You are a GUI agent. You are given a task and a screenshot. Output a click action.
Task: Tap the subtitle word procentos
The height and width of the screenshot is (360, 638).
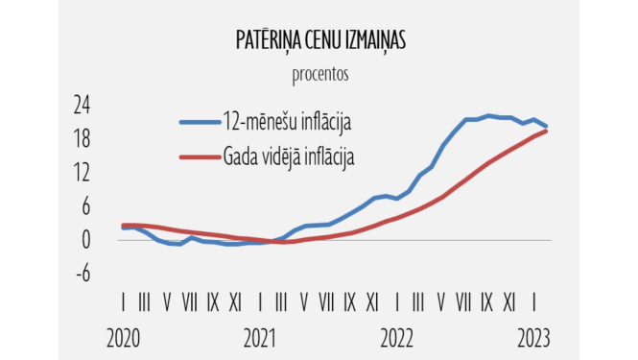pyautogui.click(x=319, y=73)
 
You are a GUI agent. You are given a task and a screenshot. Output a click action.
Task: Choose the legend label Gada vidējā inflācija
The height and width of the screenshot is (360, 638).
pyautogui.click(x=290, y=156)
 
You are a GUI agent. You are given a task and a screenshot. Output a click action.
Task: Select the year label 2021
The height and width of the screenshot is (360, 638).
pyautogui.click(x=260, y=338)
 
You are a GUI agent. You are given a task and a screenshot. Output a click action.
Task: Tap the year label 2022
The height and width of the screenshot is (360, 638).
pyautogui.click(x=397, y=338)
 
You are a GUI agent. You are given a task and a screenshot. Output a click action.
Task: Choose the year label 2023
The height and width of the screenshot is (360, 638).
pyautogui.click(x=533, y=338)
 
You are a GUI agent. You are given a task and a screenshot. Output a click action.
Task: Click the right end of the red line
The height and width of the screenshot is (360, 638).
pyautogui.click(x=546, y=131)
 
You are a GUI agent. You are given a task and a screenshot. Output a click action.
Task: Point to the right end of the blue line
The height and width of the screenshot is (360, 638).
pyautogui.click(x=546, y=126)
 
